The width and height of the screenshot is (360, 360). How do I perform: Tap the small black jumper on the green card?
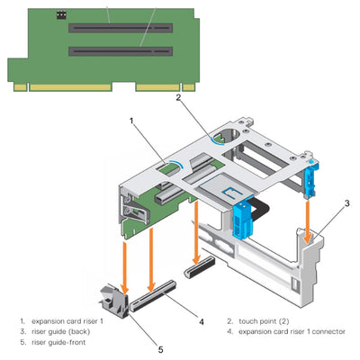(x=61, y=15)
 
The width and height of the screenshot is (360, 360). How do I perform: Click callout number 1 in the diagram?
(x=132, y=119)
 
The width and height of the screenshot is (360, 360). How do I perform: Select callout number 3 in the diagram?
(x=347, y=204)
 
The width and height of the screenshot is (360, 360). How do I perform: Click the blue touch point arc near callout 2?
(x=220, y=137)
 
